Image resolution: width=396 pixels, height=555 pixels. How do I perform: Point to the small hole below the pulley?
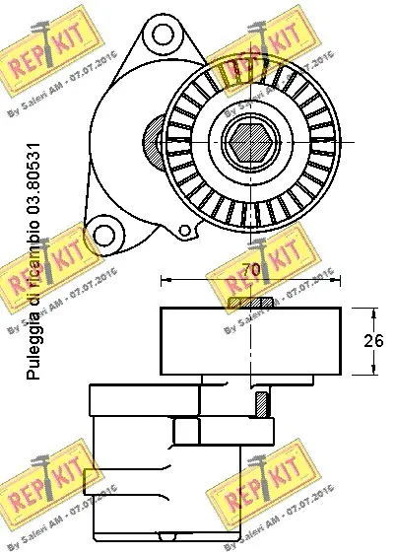click(183, 230)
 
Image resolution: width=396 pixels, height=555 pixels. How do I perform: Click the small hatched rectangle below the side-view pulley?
click(263, 403)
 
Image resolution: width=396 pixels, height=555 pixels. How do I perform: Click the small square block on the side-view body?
click(183, 430)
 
